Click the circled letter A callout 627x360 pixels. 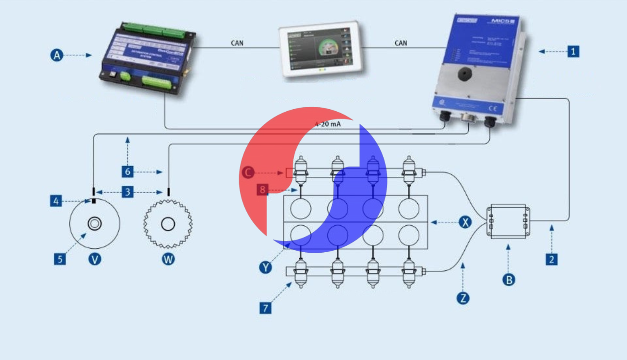coord(57,55)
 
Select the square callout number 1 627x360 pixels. coord(573,51)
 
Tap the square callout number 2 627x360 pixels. coord(552,259)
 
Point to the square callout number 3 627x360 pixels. coord(127,192)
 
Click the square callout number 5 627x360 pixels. coord(60,259)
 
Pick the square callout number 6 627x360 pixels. coord(127,171)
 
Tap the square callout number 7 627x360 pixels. coord(265,308)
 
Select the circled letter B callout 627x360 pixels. coord(509,280)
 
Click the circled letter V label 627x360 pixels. coord(95,259)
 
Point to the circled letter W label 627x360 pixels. coord(168,259)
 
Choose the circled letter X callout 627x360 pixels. coord(465,222)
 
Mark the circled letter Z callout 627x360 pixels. coord(462,297)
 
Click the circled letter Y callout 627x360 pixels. coord(265,267)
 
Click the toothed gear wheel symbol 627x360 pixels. coord(168,224)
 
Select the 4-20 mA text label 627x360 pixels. coord(328,124)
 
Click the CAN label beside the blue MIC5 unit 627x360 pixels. coord(401,43)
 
